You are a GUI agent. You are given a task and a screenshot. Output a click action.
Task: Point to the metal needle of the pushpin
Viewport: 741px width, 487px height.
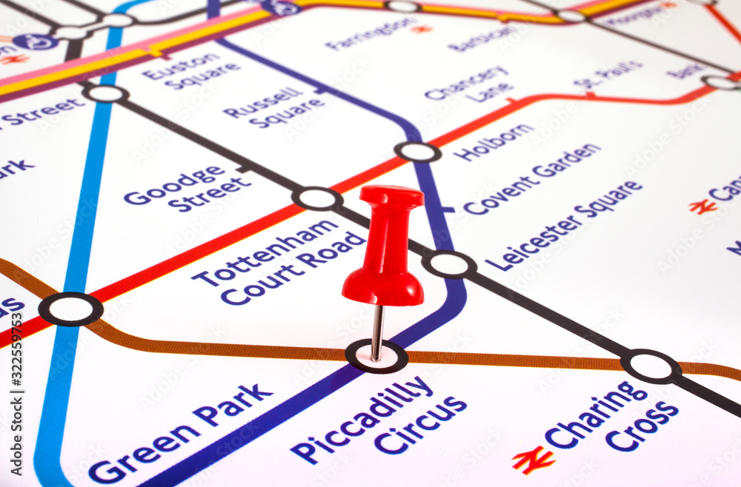(378, 332)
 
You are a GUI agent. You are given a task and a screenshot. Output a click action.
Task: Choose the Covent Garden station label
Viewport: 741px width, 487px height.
(532, 178)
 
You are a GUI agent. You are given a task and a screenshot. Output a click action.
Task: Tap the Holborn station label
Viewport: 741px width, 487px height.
(493, 142)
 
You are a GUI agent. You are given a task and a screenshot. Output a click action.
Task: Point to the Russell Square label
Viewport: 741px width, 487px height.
(275, 107)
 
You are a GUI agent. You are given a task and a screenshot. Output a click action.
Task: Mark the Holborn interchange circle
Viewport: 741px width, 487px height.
(418, 152)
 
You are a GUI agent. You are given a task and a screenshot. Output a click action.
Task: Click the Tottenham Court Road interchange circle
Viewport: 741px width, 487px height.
(317, 198)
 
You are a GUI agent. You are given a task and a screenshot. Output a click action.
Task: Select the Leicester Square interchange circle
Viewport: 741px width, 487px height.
(449, 264)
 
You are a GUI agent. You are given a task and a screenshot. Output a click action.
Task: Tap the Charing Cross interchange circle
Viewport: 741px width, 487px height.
(651, 366)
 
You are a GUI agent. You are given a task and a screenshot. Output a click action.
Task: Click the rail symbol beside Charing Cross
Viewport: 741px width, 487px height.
(533, 460)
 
